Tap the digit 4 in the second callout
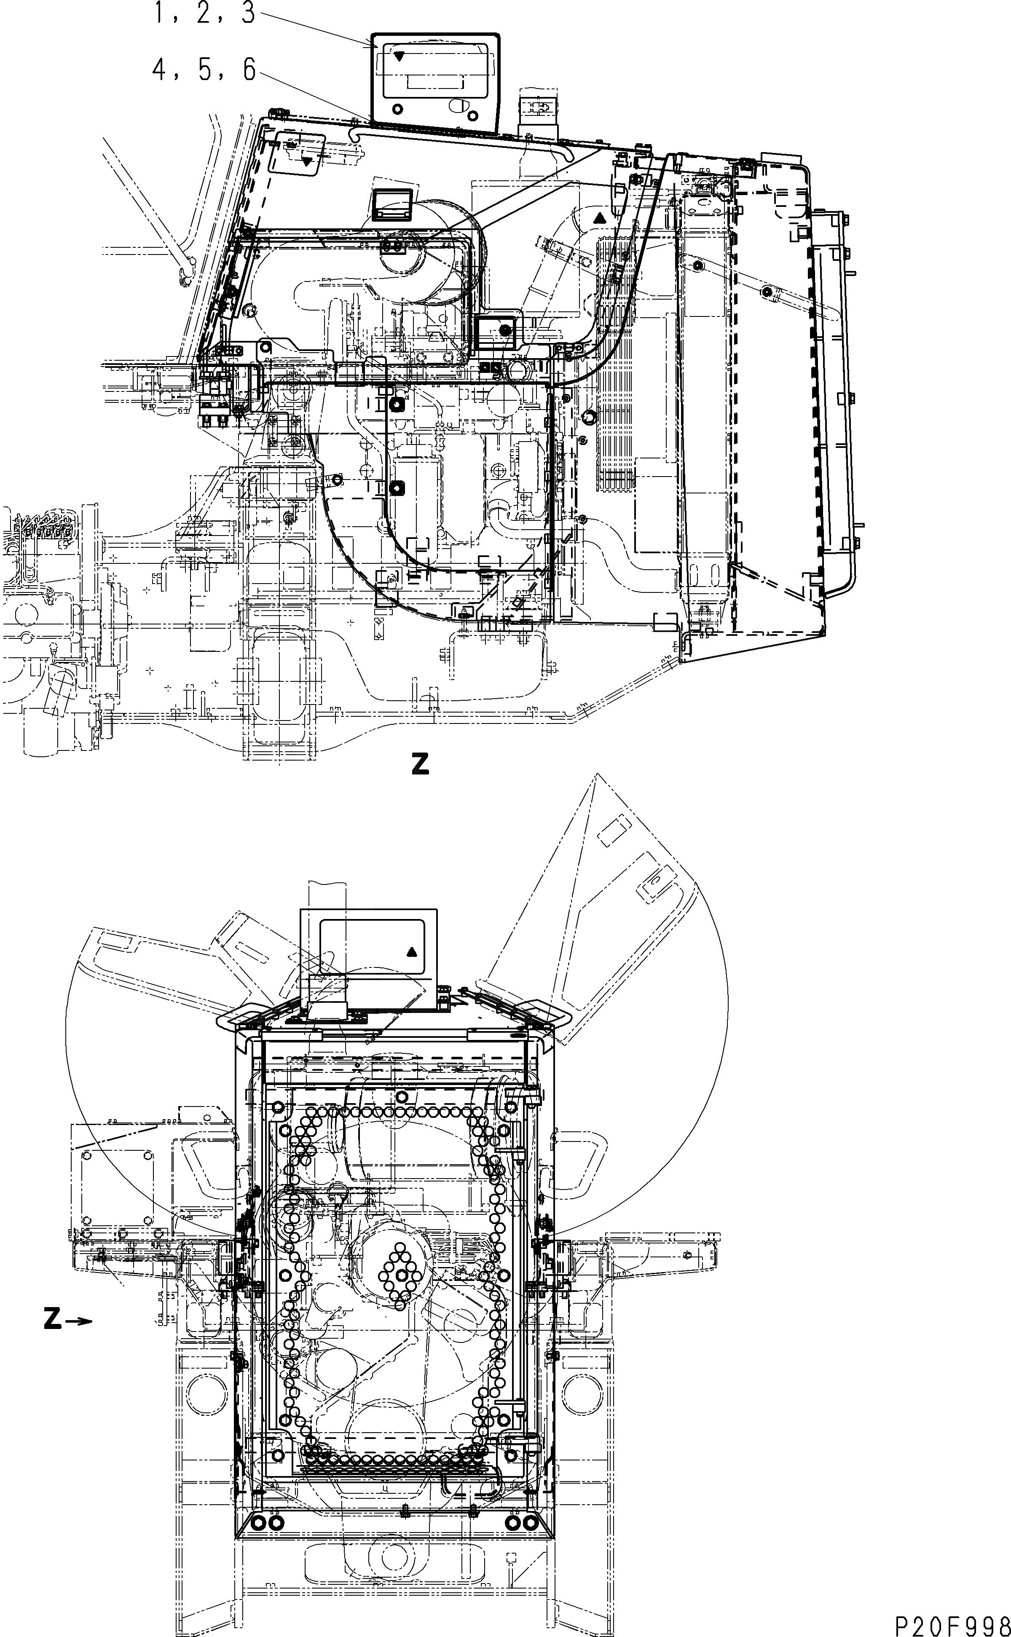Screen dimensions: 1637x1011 coord(160,70)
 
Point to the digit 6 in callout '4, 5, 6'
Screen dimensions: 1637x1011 coord(249,70)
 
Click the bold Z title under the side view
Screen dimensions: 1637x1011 coord(420,764)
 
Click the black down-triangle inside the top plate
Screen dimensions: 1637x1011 coord(399,56)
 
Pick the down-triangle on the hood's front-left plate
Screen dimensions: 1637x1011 coord(307,161)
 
